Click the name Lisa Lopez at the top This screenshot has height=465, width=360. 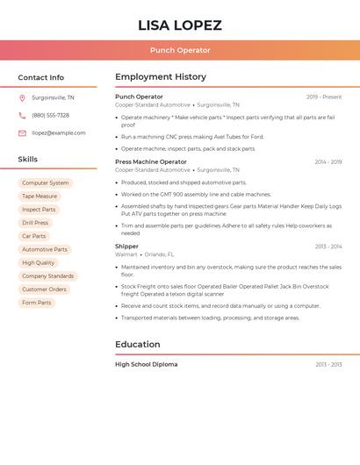pyautogui.click(x=180, y=25)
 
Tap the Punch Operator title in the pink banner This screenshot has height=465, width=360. pyautogui.click(x=180, y=51)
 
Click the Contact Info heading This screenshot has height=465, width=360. pyautogui.click(x=41, y=77)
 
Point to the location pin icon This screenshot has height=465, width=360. pyautogui.click(x=22, y=98)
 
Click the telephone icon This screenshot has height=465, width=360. pyautogui.click(x=22, y=116)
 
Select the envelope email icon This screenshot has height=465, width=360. pyautogui.click(x=22, y=133)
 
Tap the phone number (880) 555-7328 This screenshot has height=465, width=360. pyautogui.click(x=50, y=116)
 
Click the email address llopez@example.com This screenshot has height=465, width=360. pyautogui.click(x=59, y=133)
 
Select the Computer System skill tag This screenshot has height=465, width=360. pyautogui.click(x=45, y=183)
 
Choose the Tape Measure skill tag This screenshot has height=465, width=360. pyautogui.click(x=40, y=197)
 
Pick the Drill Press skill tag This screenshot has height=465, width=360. pyautogui.click(x=35, y=223)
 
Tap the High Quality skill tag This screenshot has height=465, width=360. pyautogui.click(x=38, y=262)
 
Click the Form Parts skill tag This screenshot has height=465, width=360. pyautogui.click(x=36, y=303)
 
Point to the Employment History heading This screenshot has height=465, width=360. pyautogui.click(x=161, y=77)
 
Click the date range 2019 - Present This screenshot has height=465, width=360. pyautogui.click(x=324, y=97)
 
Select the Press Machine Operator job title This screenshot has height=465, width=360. pyautogui.click(x=151, y=162)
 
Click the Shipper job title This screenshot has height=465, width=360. pyautogui.click(x=126, y=247)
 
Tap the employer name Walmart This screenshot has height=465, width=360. pyautogui.click(x=126, y=254)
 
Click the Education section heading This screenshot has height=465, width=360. pyautogui.click(x=138, y=344)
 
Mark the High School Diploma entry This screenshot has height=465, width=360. pyautogui.click(x=146, y=364)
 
